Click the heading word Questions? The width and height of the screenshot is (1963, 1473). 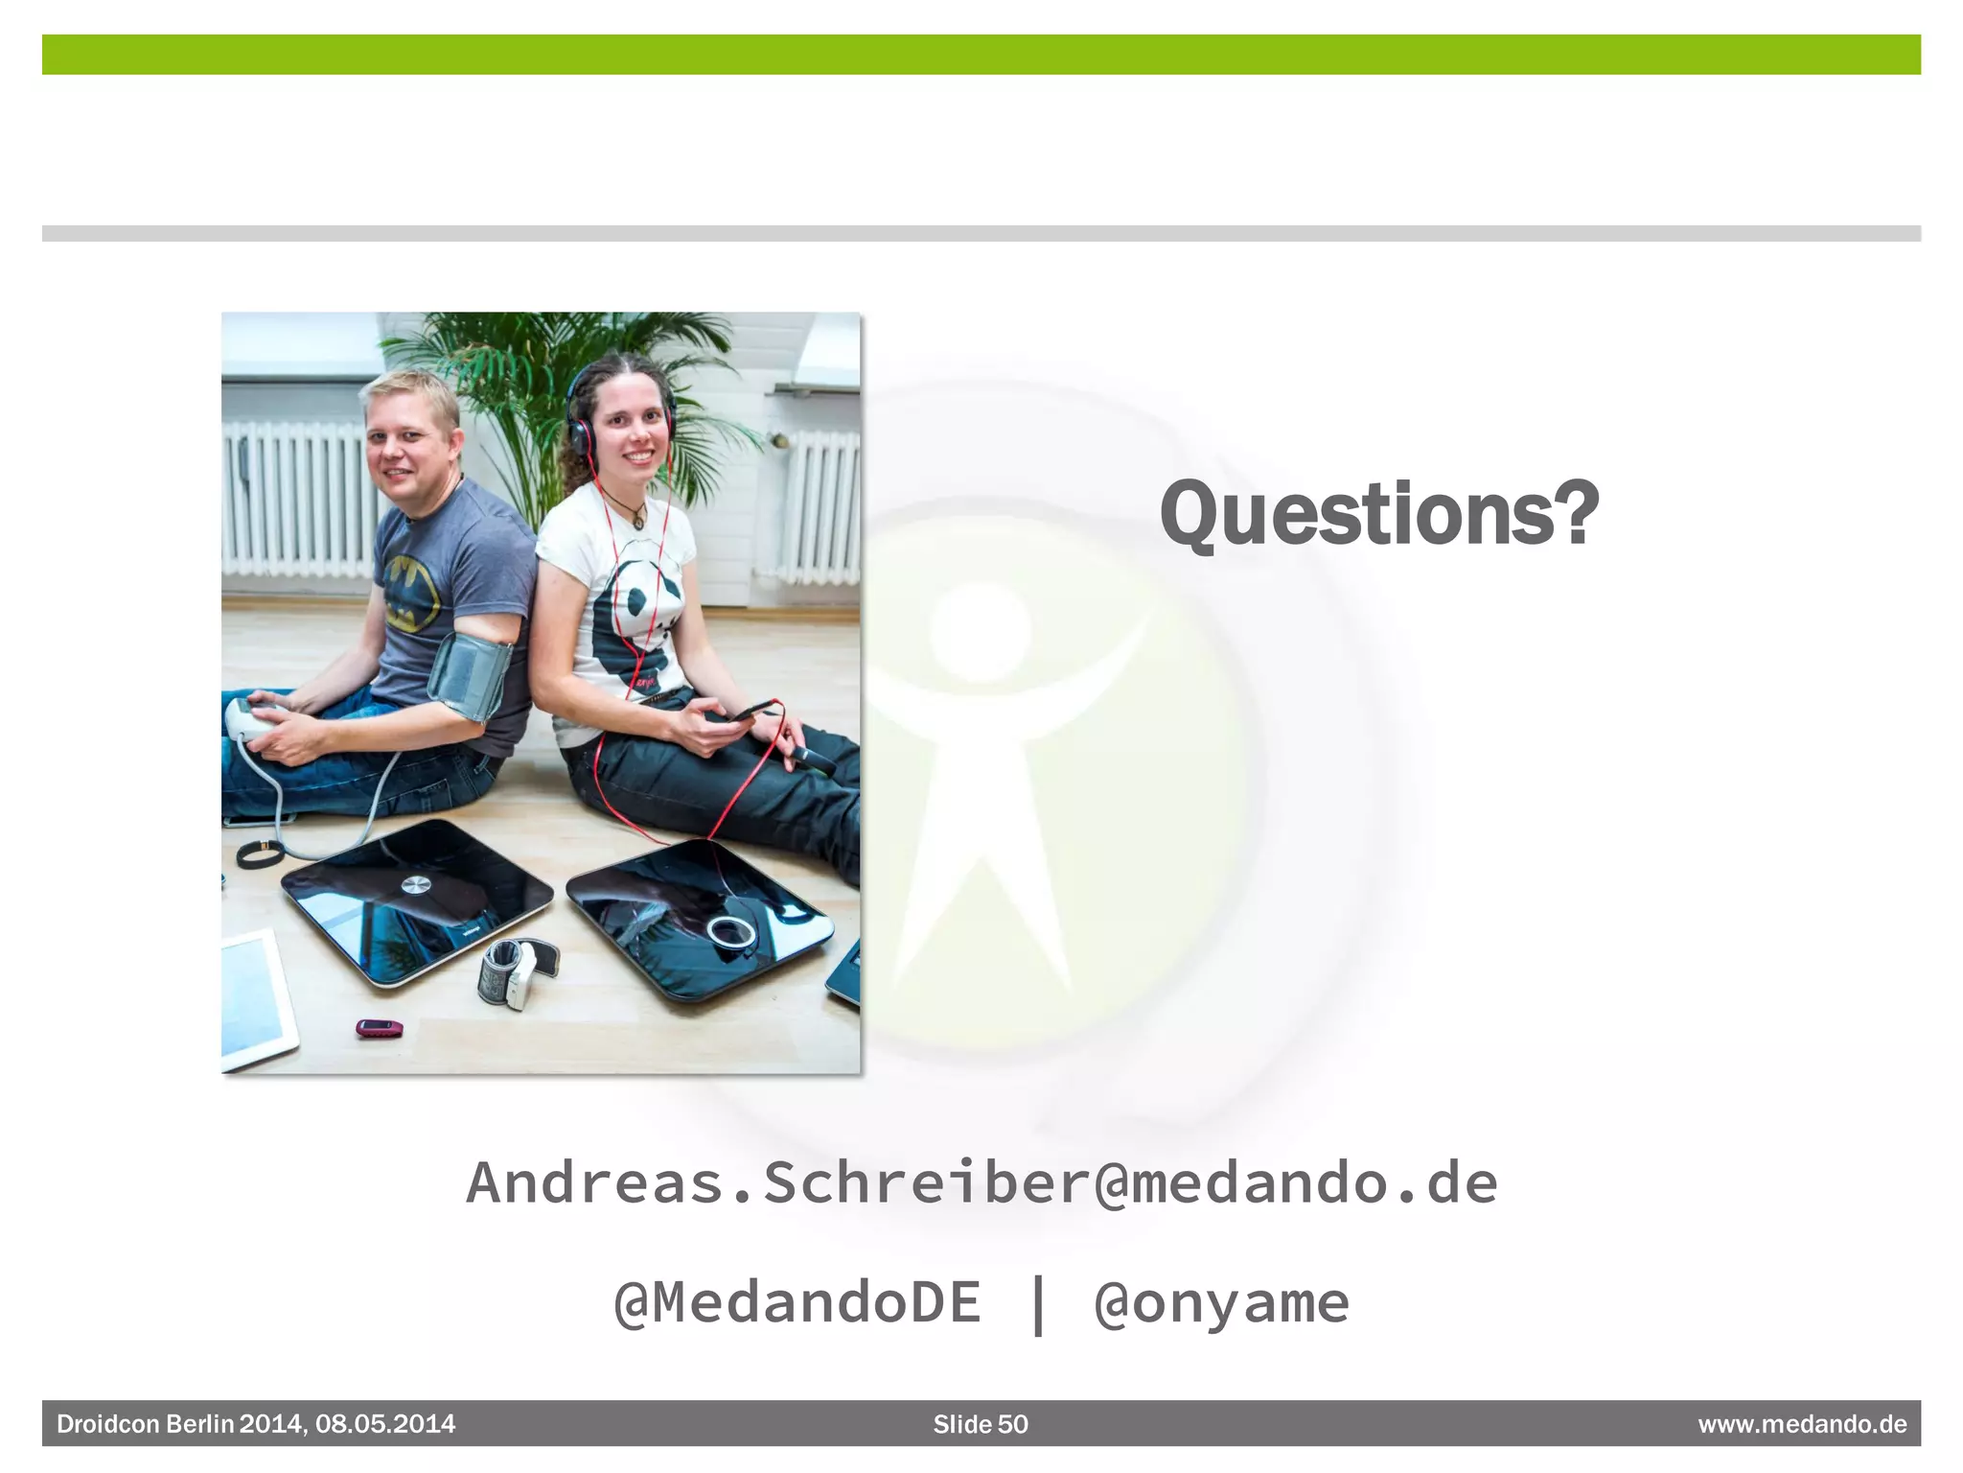(1378, 515)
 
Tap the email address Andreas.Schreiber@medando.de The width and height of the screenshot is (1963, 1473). (981, 1182)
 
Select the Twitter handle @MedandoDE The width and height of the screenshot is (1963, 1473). (797, 1302)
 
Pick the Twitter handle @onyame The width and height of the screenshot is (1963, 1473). (1221, 1302)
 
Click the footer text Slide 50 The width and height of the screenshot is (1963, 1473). (981, 1424)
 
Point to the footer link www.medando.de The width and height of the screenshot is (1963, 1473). (1802, 1424)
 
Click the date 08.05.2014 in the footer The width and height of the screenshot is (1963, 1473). (385, 1424)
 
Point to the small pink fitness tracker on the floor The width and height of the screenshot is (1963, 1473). (380, 1028)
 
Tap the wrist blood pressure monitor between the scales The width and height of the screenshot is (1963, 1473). (516, 970)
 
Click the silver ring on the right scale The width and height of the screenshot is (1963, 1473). (730, 930)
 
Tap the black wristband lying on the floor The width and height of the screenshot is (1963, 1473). (259, 853)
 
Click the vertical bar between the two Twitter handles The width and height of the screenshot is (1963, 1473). (1038, 1302)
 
